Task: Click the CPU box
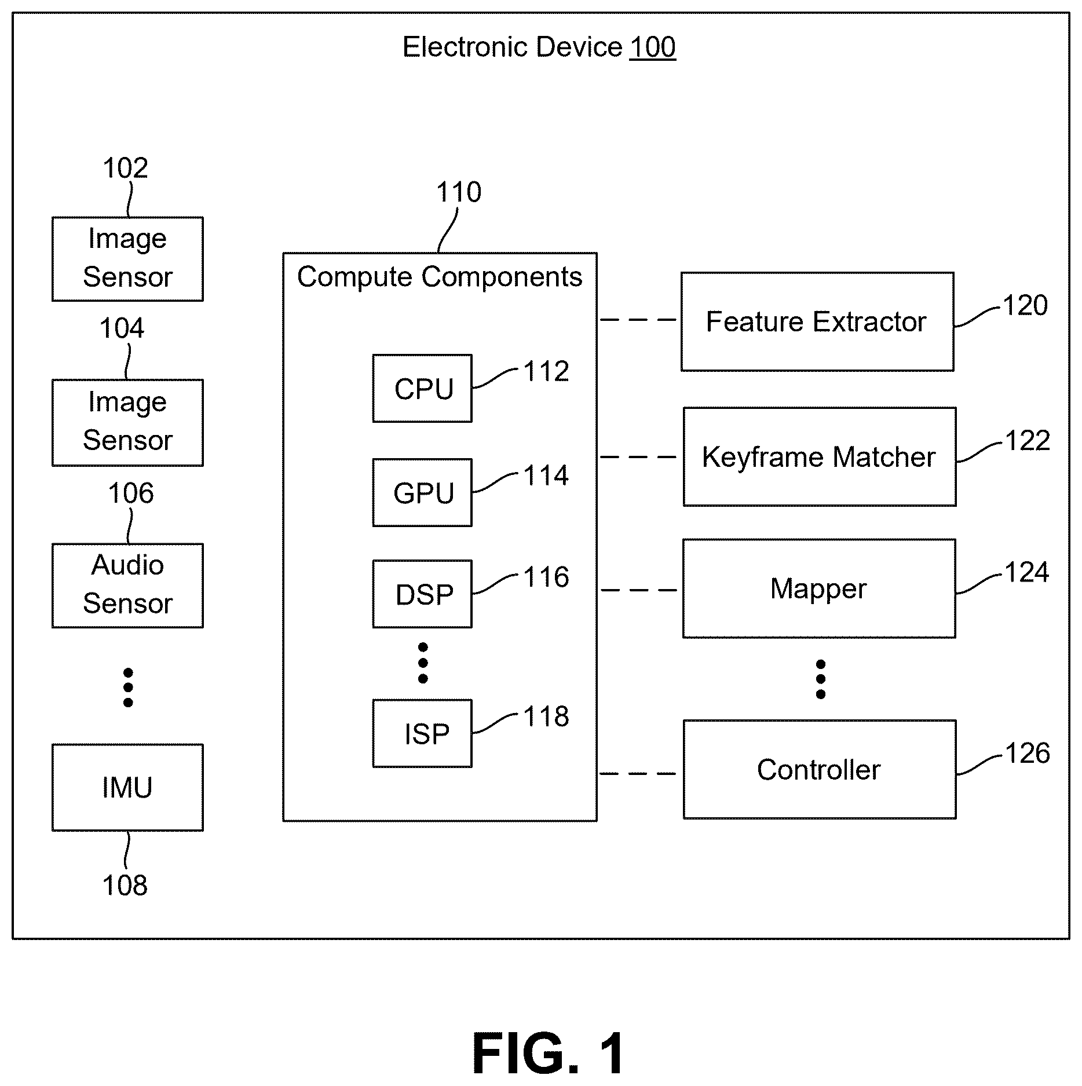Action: click(422, 388)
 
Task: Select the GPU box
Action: click(422, 492)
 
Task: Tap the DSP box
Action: click(422, 594)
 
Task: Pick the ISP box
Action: click(422, 733)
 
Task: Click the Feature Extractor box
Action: click(817, 321)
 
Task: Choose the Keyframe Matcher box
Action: click(820, 457)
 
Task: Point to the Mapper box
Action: click(819, 588)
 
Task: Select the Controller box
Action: click(820, 770)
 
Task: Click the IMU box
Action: click(127, 788)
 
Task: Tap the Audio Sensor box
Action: click(127, 586)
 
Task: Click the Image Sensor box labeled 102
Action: click(127, 259)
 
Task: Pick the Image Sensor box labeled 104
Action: click(127, 423)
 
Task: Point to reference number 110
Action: click(459, 192)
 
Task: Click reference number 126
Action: click(1028, 753)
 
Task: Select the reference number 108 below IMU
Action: click(125, 886)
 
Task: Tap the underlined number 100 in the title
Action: click(653, 47)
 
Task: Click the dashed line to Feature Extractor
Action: click(638, 320)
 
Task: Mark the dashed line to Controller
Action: click(638, 773)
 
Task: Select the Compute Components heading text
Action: click(440, 277)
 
